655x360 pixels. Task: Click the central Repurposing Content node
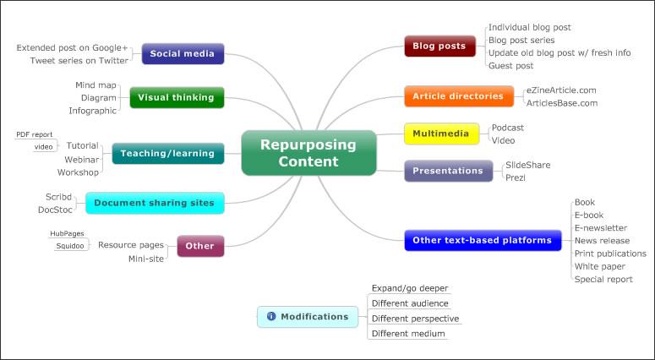click(x=308, y=153)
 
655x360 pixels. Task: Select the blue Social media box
click(x=183, y=53)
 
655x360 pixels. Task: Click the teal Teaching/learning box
click(x=168, y=153)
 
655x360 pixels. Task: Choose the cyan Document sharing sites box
click(x=155, y=203)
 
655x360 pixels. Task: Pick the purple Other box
click(x=199, y=246)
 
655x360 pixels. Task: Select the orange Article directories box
click(x=459, y=96)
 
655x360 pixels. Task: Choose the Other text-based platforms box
click(x=482, y=240)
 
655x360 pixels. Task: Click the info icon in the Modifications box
click(x=271, y=317)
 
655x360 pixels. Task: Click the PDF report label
click(x=34, y=134)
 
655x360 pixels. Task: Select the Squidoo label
click(x=70, y=245)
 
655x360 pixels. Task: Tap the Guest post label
click(x=511, y=65)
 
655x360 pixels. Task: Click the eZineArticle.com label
click(x=561, y=90)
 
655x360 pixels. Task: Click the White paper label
click(x=599, y=266)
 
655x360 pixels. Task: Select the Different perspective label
click(x=415, y=319)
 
